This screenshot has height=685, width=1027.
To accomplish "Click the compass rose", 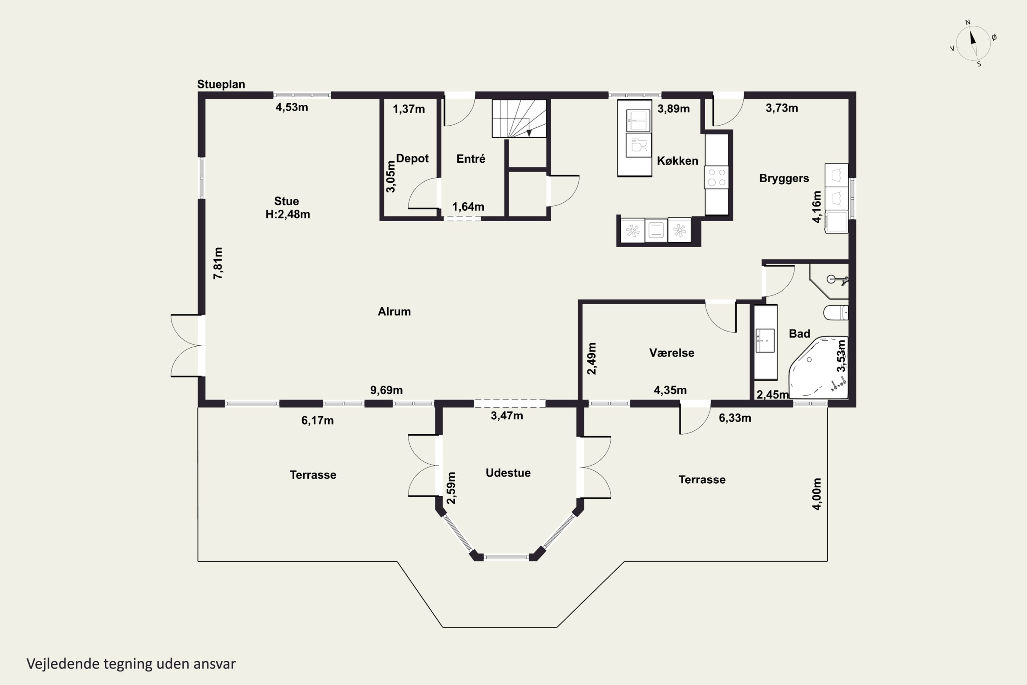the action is (973, 43).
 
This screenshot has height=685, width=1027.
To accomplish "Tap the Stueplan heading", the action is (221, 84).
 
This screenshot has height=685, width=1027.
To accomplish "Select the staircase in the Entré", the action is (519, 119).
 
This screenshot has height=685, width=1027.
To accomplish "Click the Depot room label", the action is (412, 158).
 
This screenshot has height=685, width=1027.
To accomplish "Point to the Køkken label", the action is (677, 161).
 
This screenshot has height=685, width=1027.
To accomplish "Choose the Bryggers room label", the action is (784, 178).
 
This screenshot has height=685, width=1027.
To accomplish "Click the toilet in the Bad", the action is (836, 313).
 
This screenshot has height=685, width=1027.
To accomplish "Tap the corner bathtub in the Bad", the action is (818, 368).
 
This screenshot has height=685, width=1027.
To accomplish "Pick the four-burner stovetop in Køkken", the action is (716, 177).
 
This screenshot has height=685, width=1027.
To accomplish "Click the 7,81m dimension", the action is (218, 263).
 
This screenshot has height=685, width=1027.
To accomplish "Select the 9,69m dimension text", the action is (386, 390).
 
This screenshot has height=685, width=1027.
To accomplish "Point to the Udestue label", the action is (508, 473).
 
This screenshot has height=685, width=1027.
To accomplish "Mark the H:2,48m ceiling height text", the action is (288, 214).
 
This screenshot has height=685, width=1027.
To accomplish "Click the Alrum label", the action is (394, 311).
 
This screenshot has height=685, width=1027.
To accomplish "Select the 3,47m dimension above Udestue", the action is (507, 415).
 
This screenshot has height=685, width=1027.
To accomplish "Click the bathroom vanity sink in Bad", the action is (765, 340).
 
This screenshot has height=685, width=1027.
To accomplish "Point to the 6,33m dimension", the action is (735, 418).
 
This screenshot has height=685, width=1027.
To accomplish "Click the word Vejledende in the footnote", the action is (63, 664).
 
